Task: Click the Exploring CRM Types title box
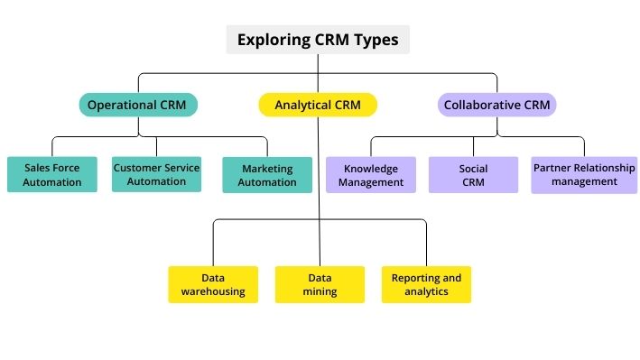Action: (317, 40)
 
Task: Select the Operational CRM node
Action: (137, 106)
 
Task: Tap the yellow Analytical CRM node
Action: (318, 106)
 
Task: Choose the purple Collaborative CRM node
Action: (497, 106)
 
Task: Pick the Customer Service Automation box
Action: (156, 174)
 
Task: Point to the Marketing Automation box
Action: (267, 175)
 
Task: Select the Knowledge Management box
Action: (371, 175)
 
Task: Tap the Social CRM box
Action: (473, 175)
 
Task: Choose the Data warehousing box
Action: (214, 284)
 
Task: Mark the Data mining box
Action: (320, 284)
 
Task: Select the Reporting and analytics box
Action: (426, 284)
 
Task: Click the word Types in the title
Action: (376, 40)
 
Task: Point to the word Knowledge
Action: (371, 169)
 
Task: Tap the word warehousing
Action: (214, 291)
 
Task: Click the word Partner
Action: (552, 168)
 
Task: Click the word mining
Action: (320, 291)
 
